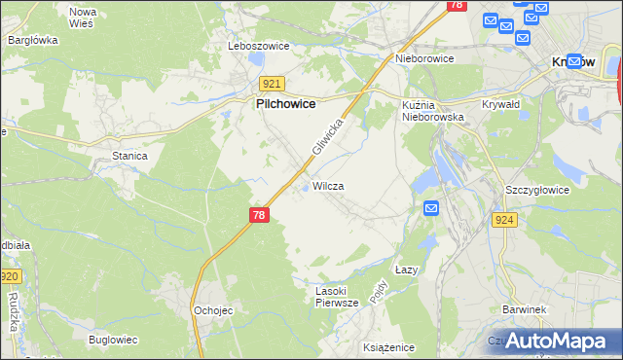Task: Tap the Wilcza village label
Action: [x=328, y=186]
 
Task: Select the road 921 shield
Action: [x=271, y=85]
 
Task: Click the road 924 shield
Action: [x=504, y=220]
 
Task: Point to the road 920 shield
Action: [x=9, y=277]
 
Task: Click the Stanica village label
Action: [x=129, y=156]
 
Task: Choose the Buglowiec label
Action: [x=113, y=340]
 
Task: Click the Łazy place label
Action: [x=407, y=270]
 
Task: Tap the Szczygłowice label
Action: [x=537, y=190]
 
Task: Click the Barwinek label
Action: [x=523, y=308]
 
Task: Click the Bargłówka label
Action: [x=33, y=41]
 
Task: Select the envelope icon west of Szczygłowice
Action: [x=432, y=207]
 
